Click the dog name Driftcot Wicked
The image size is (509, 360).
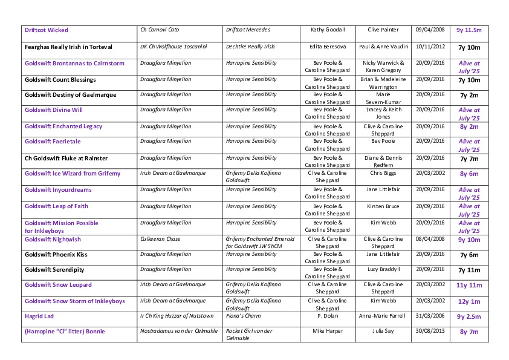tap(47, 30)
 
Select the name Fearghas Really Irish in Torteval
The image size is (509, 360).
tap(68, 47)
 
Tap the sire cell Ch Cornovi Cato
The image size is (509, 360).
tap(160, 30)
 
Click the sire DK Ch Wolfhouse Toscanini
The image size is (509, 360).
tap(173, 47)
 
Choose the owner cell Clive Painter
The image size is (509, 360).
tap(383, 30)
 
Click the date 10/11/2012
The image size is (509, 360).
tap(430, 47)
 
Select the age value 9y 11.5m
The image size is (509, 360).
tap(468, 30)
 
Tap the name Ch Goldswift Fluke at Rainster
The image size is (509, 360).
tap(66, 159)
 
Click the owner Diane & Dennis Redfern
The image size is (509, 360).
tap(383, 162)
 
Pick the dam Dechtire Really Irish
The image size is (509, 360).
tap(250, 47)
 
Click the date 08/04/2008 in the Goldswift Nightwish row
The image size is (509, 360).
tap(430, 239)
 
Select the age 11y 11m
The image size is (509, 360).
tap(468, 285)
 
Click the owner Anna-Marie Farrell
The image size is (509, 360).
tap(383, 316)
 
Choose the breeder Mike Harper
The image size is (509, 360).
tap(328, 331)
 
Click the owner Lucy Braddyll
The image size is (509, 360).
tap(383, 269)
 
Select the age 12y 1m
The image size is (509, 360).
tap(468, 301)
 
